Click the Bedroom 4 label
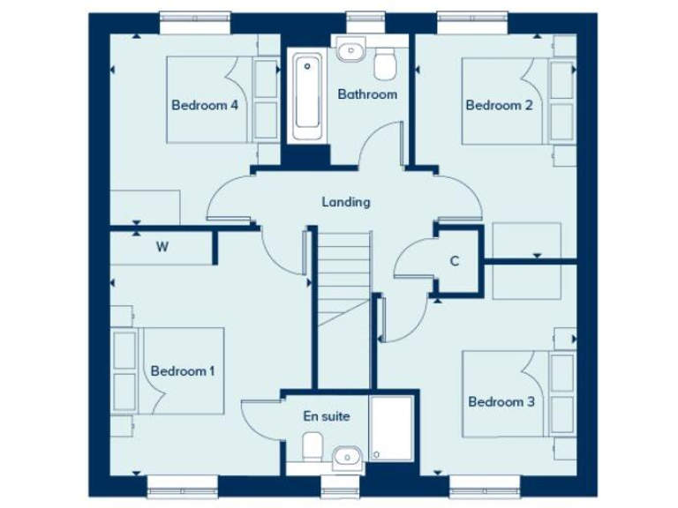205,105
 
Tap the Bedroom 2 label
499,105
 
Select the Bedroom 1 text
183,370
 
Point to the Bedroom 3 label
501,401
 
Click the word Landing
345,202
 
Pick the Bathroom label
367,93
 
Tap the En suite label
327,415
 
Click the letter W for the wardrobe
162,247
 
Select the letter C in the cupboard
455,261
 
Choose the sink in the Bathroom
350,49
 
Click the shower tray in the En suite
391,428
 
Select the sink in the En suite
348,456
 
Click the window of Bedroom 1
182,484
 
